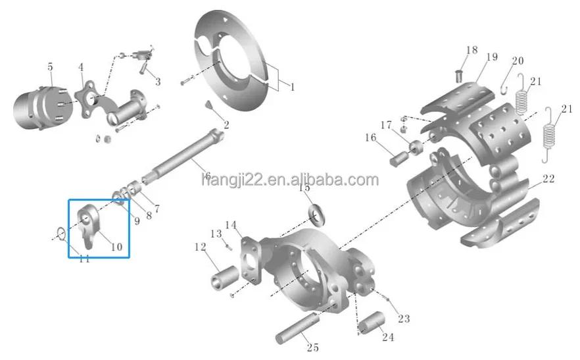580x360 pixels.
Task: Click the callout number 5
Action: [x=50, y=66]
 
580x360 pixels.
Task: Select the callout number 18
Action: [x=472, y=50]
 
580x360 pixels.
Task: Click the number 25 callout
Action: [x=312, y=347]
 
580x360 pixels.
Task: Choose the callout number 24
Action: [x=388, y=337]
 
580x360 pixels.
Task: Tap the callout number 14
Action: [x=230, y=225]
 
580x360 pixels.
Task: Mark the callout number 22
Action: [x=548, y=178]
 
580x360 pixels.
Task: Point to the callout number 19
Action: [x=492, y=57]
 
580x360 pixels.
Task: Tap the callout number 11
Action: [x=84, y=259]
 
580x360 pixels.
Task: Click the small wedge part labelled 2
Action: [x=210, y=105]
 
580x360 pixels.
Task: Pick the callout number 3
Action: [x=157, y=82]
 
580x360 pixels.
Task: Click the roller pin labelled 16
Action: [x=399, y=159]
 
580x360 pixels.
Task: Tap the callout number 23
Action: [x=404, y=319]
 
